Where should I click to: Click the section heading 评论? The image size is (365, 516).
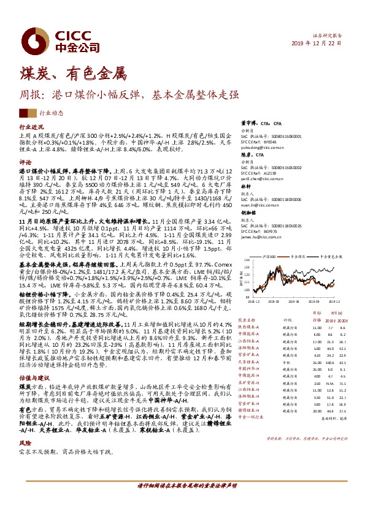pos(25,163)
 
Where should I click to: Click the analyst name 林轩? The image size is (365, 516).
pos(245,186)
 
